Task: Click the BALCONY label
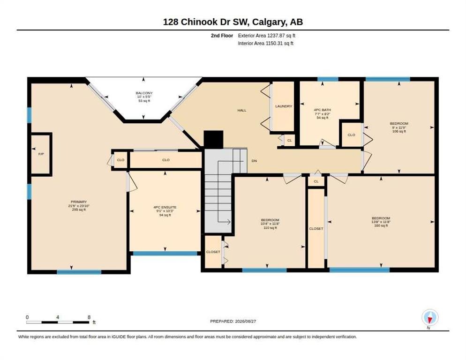click(x=144, y=93)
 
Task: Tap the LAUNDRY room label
click(x=284, y=106)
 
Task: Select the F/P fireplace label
click(x=41, y=154)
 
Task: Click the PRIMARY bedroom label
click(x=79, y=202)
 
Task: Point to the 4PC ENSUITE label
click(x=165, y=207)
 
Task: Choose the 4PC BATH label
click(x=323, y=110)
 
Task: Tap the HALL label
click(x=242, y=110)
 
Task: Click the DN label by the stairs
click(x=254, y=161)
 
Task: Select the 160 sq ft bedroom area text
click(x=381, y=225)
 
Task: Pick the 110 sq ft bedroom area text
click(x=270, y=228)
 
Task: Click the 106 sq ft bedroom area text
click(x=399, y=131)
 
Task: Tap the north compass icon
click(x=430, y=318)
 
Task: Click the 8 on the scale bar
click(x=89, y=317)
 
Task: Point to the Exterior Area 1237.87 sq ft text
click(x=267, y=36)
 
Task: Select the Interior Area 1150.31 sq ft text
click(x=266, y=44)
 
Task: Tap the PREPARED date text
click(x=233, y=321)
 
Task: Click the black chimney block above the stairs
click(x=213, y=139)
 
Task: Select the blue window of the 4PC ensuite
click(x=165, y=253)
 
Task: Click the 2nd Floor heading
click(x=222, y=36)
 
